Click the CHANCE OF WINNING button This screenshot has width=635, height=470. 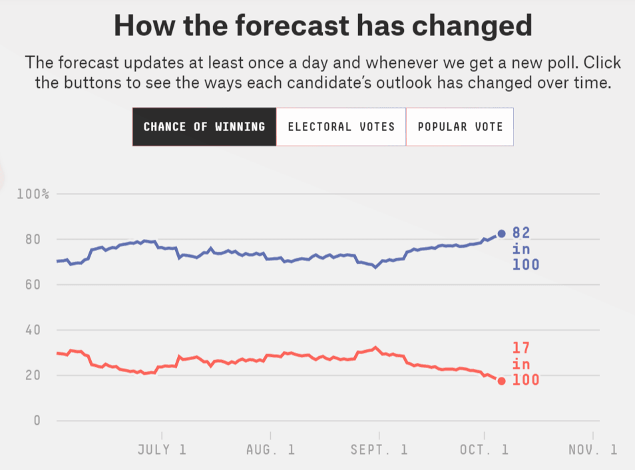click(x=204, y=126)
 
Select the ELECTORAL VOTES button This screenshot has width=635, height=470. click(x=341, y=126)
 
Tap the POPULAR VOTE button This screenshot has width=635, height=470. click(x=460, y=126)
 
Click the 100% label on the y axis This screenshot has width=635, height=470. click(x=33, y=194)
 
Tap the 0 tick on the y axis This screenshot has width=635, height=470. click(x=38, y=421)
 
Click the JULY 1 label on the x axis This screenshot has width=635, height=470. click(x=162, y=449)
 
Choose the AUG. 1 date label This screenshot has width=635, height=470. click(x=270, y=449)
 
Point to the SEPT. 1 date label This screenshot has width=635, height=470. click(x=379, y=449)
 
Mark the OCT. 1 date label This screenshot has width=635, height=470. click(x=484, y=449)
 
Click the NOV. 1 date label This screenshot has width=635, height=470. click(x=592, y=449)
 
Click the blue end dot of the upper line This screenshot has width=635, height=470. click(x=501, y=234)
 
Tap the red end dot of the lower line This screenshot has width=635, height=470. click(x=501, y=381)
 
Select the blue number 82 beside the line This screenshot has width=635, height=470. click(x=521, y=233)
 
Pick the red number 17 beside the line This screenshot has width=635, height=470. click(x=521, y=348)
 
